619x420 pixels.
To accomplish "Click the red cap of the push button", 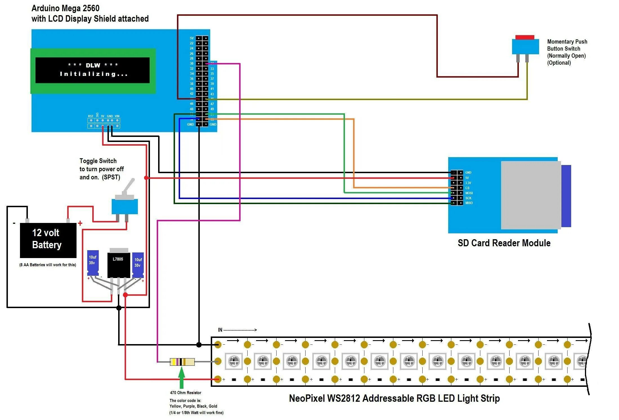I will point(524,37).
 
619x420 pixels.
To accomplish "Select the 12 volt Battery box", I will point(48,240).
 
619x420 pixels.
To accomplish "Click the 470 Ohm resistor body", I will point(182,362).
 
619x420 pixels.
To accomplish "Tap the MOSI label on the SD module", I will point(469,193).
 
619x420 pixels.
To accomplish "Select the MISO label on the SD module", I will point(469,203).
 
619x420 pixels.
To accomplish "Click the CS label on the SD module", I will point(467,188).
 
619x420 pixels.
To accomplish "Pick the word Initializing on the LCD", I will point(94,74).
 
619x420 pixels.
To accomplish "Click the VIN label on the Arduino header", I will point(117,116).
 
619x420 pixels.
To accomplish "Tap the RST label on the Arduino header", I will point(91,116).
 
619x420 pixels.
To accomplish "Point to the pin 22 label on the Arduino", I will point(192,43).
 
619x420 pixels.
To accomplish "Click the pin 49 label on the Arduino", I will point(212,109).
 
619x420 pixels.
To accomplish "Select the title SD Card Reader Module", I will point(504,243).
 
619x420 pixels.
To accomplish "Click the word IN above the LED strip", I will point(220,330).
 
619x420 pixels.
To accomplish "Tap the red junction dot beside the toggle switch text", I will point(146,178).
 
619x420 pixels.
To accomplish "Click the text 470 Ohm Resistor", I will point(185,393).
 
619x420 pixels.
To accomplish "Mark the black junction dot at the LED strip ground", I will point(199,345).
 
